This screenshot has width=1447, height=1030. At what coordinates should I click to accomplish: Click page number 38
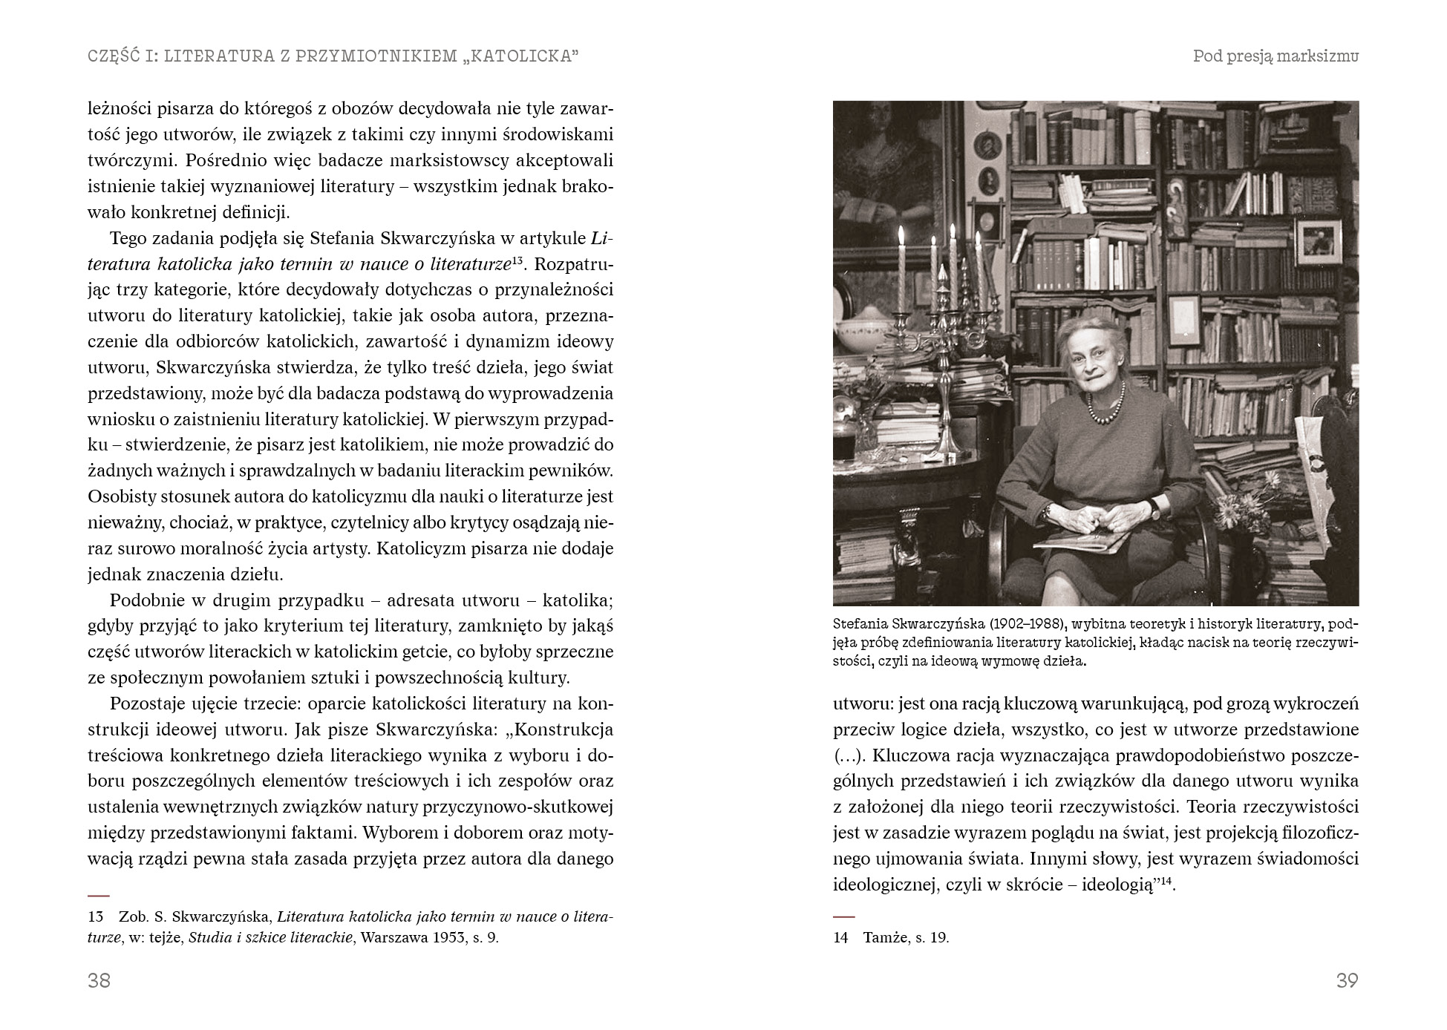(99, 980)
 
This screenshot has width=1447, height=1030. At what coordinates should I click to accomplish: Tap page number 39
(1347, 980)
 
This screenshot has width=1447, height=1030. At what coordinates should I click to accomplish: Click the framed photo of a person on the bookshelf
(1318, 241)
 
